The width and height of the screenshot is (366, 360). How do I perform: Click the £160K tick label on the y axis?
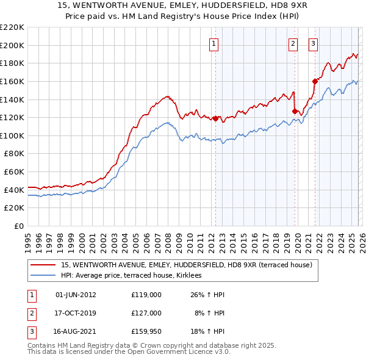pos(12,81)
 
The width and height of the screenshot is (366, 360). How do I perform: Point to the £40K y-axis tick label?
pos(14,190)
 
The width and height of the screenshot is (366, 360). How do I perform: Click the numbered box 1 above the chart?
pos(215,43)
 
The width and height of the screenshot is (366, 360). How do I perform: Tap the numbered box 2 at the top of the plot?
pos(293,43)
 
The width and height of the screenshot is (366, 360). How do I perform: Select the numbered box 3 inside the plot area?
pos(313,43)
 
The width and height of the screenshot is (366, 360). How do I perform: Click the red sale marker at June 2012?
pos(215,118)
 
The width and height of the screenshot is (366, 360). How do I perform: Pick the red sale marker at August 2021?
pos(315,81)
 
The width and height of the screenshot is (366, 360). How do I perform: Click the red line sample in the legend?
pos(43,265)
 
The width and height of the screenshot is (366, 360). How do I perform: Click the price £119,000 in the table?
pos(146,295)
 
